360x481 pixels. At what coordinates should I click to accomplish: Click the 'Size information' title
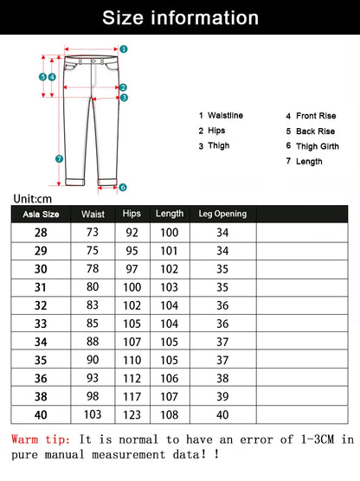click(180, 17)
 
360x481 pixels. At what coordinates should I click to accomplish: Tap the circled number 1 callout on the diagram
click(124, 49)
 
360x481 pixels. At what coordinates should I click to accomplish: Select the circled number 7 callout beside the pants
click(59, 158)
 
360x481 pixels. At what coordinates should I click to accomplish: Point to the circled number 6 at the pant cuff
click(123, 187)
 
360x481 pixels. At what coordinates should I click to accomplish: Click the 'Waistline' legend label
click(225, 115)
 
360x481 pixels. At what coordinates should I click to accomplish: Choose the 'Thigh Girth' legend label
click(318, 146)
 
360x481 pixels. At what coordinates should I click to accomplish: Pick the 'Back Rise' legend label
click(315, 131)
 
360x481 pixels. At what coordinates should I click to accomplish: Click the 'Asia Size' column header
click(41, 214)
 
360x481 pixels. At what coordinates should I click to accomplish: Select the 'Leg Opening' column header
click(222, 214)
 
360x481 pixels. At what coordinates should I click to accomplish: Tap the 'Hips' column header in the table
click(132, 214)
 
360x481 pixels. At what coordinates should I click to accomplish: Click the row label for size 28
click(41, 233)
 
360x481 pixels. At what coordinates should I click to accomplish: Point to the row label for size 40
click(41, 414)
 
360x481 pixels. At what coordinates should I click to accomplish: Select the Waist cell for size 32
click(93, 305)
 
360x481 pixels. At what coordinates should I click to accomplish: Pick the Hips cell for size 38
click(132, 396)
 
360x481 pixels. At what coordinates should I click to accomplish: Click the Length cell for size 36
click(170, 378)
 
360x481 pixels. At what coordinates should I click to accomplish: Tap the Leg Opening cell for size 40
click(222, 414)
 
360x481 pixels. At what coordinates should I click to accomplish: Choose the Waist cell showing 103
click(93, 414)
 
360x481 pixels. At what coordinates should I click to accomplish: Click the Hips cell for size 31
click(132, 287)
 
